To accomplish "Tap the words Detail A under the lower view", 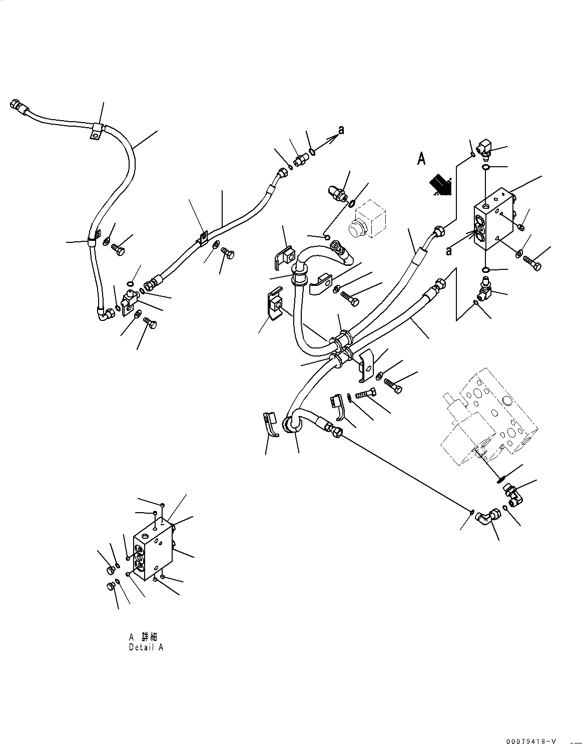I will [146, 647].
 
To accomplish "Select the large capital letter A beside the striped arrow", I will [421, 159].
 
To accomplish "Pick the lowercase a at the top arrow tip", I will [341, 130].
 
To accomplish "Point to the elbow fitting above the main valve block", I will [484, 148].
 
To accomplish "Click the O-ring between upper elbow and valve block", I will [485, 167].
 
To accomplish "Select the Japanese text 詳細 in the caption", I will [150, 637].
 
